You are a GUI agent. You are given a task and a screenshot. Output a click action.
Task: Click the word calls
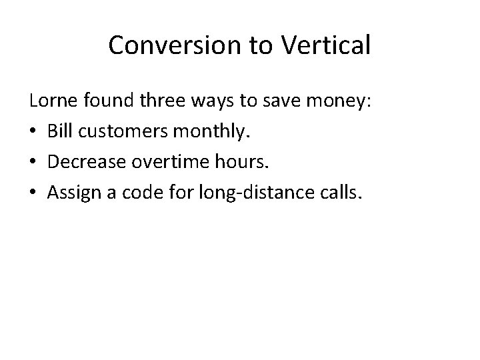(340, 192)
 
